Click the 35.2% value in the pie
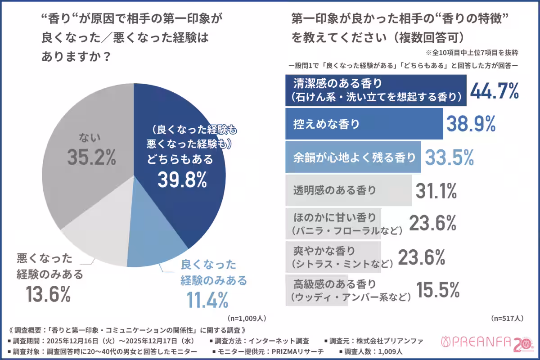click(x=92, y=157)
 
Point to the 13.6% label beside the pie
click(x=48, y=294)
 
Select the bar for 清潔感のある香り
click(x=376, y=90)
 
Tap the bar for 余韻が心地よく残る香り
click(x=353, y=157)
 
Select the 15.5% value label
click(x=437, y=290)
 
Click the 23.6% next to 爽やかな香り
click(x=422, y=257)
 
